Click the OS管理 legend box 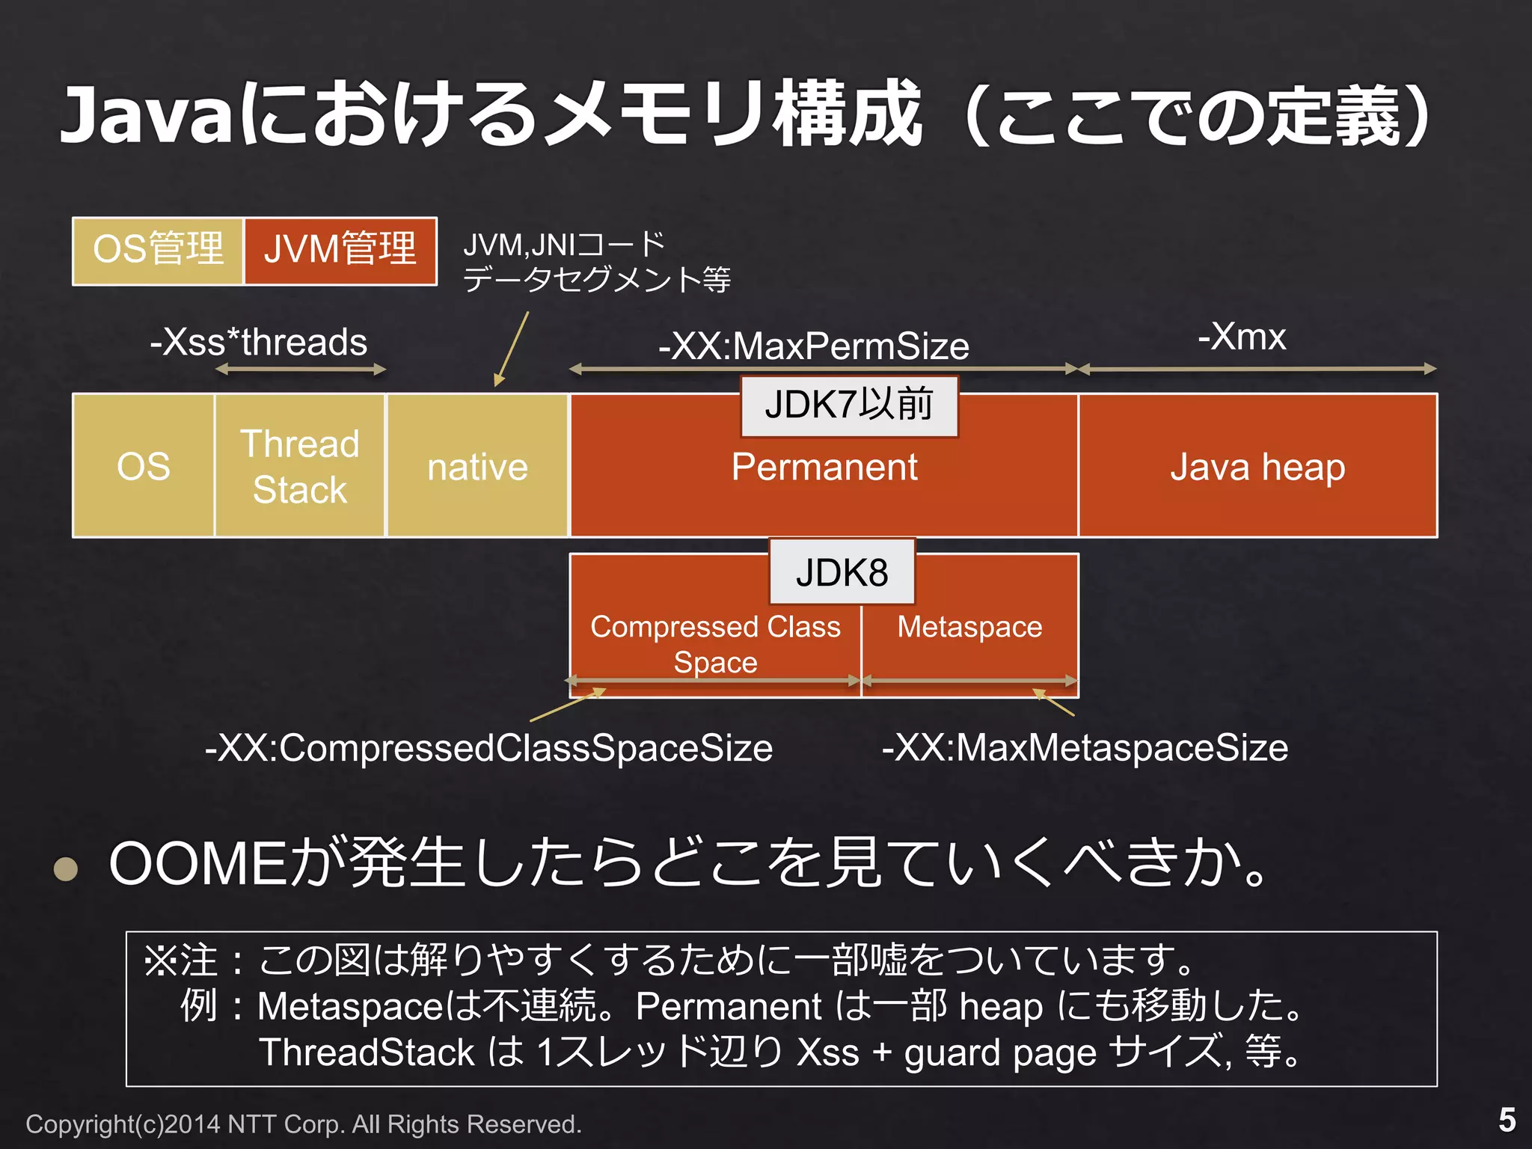click(158, 251)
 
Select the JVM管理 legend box click(340, 251)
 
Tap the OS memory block click(144, 466)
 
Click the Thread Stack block click(300, 466)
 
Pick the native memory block click(477, 466)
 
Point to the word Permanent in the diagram click(824, 468)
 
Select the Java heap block click(1257, 466)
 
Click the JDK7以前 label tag click(849, 405)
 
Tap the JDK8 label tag click(842, 573)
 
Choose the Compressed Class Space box click(715, 643)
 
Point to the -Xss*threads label click(259, 343)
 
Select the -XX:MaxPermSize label click(814, 346)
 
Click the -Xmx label click(1242, 337)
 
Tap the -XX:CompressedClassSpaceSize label click(489, 748)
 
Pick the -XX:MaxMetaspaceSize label click(1085, 748)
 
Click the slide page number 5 click(1507, 1120)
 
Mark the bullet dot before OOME click(67, 868)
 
